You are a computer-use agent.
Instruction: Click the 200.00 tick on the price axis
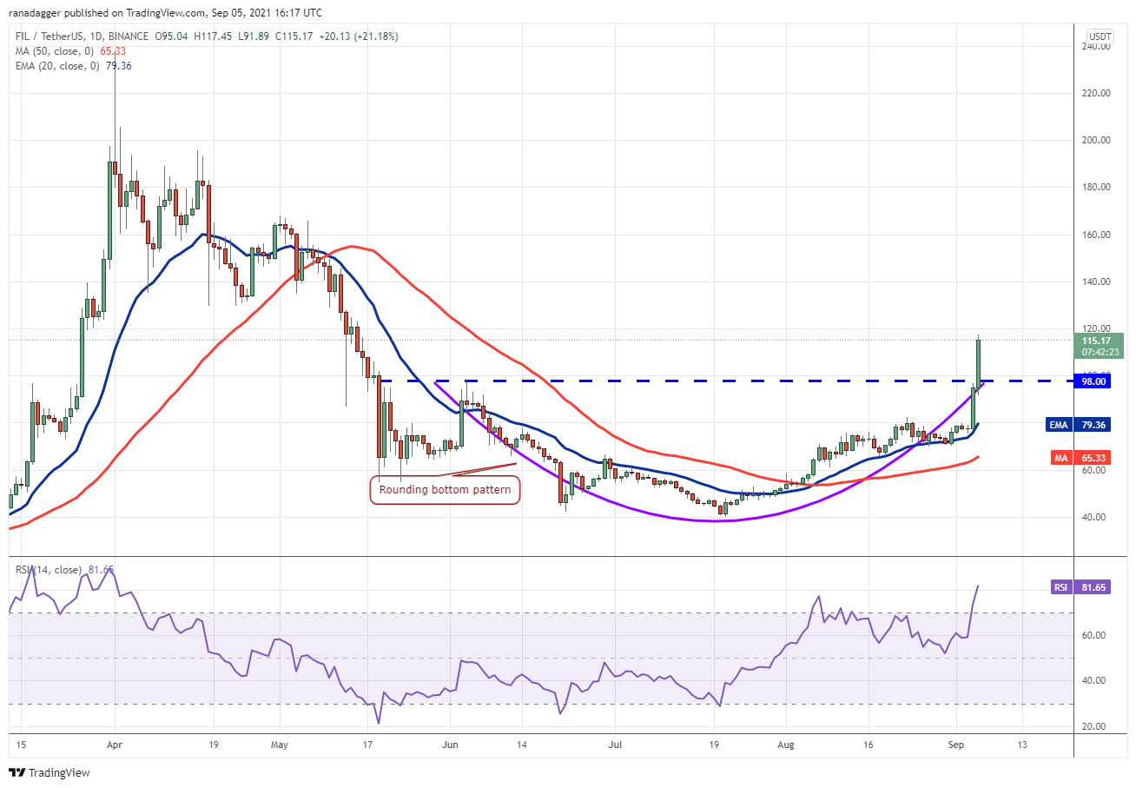(1095, 140)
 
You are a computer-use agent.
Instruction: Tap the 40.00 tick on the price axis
(1095, 518)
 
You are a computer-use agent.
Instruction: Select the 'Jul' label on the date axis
(614, 745)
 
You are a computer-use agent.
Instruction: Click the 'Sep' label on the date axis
(955, 745)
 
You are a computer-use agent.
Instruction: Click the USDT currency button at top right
(1100, 36)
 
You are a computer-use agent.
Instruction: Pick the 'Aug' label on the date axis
(785, 745)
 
